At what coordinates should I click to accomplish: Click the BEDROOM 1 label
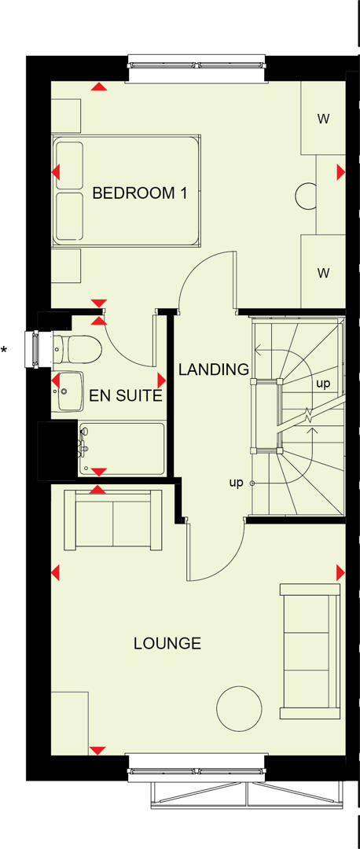(139, 193)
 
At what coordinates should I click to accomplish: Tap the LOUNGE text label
(167, 644)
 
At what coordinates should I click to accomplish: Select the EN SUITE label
(126, 395)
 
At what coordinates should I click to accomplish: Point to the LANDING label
(213, 369)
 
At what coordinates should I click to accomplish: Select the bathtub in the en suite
(122, 449)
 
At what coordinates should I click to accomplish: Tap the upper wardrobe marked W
(322, 119)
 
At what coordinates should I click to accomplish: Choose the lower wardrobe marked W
(322, 273)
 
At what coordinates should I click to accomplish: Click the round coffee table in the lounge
(239, 707)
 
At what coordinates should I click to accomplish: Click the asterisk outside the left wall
(4, 350)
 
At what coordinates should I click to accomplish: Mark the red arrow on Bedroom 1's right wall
(340, 171)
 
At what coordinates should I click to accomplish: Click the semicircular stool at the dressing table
(307, 194)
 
